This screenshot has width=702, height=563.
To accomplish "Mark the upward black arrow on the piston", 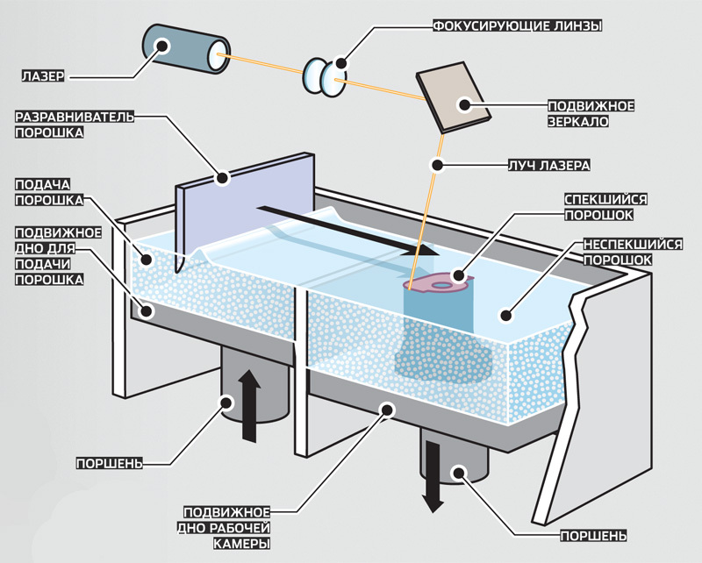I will [x=250, y=404].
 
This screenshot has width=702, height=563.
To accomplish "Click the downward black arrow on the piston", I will [x=431, y=474].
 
